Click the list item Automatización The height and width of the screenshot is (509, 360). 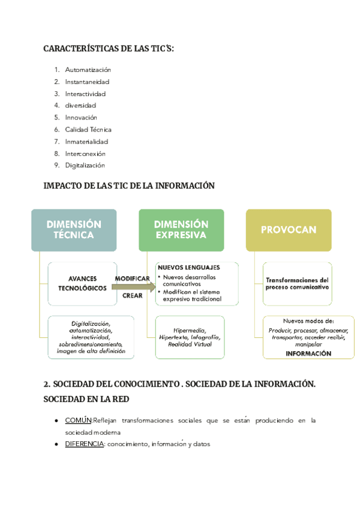point(88,70)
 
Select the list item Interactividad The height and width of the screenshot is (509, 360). point(85,94)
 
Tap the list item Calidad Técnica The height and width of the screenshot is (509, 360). point(88,130)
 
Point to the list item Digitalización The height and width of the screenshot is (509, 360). point(85,165)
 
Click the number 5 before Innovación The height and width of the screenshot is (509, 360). point(56,118)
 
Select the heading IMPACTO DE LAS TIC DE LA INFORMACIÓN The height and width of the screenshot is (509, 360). point(129,186)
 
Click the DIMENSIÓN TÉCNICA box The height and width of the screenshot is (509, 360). point(74,229)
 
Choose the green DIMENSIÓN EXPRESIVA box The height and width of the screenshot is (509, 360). point(181,229)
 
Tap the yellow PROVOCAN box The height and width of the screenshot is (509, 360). point(289,229)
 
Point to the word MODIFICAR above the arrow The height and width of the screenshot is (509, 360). point(132,279)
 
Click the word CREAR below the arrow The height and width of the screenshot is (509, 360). point(132,295)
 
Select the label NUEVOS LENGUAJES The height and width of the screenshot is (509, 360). point(188,267)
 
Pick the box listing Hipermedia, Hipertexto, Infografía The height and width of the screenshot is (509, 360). point(188,337)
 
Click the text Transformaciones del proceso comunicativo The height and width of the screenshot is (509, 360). point(297,283)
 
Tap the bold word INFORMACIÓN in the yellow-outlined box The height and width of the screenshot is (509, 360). point(308,354)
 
